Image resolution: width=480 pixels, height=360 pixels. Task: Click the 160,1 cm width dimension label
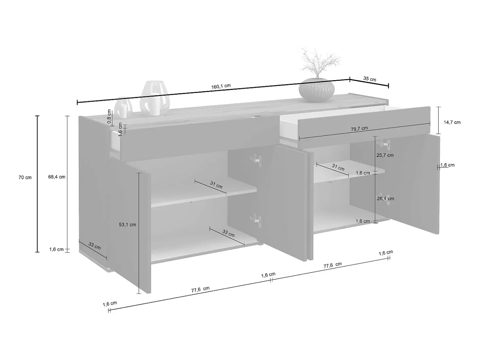coord(221,86)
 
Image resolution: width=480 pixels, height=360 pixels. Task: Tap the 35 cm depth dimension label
coord(370,79)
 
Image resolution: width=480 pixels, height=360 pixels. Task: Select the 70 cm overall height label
coord(25,177)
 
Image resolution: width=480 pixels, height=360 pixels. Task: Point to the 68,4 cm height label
coord(57,177)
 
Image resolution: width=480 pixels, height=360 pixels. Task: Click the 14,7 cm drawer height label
coord(452,122)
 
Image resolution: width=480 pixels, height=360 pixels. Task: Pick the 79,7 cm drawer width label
coord(359,129)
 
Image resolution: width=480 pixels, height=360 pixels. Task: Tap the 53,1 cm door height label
coord(128,225)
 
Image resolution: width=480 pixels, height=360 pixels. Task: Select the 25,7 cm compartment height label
coord(385,155)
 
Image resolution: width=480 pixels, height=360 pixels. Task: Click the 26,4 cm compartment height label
coord(385,199)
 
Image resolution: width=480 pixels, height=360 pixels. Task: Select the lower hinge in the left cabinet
coord(256,220)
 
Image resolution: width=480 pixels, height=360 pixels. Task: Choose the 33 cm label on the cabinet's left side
coord(95,246)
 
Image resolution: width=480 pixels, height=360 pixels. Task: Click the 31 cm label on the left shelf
coord(216,185)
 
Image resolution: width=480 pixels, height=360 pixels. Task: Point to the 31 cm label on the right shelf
coord(338,167)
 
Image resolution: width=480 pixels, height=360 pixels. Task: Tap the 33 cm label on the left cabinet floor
coord(228,233)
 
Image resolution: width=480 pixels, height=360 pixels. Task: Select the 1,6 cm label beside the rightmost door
coord(447,165)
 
